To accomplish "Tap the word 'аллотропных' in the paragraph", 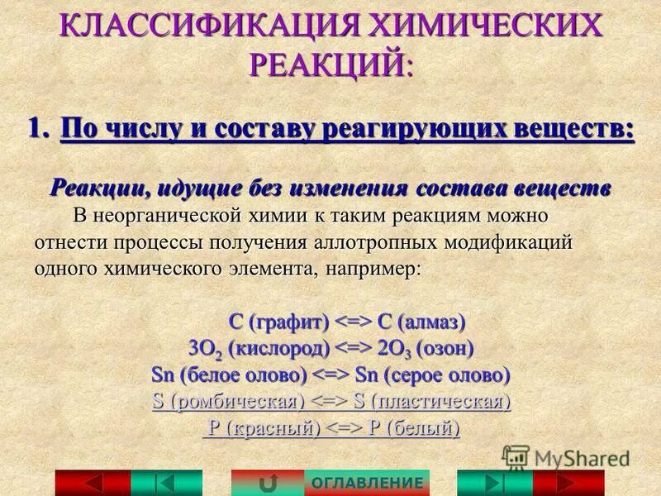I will [x=378, y=244].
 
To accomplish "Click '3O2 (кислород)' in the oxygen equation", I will [x=259, y=348].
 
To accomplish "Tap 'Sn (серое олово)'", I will [x=432, y=374].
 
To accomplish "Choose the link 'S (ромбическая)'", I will [x=225, y=402].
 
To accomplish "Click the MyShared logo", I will [x=565, y=458].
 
